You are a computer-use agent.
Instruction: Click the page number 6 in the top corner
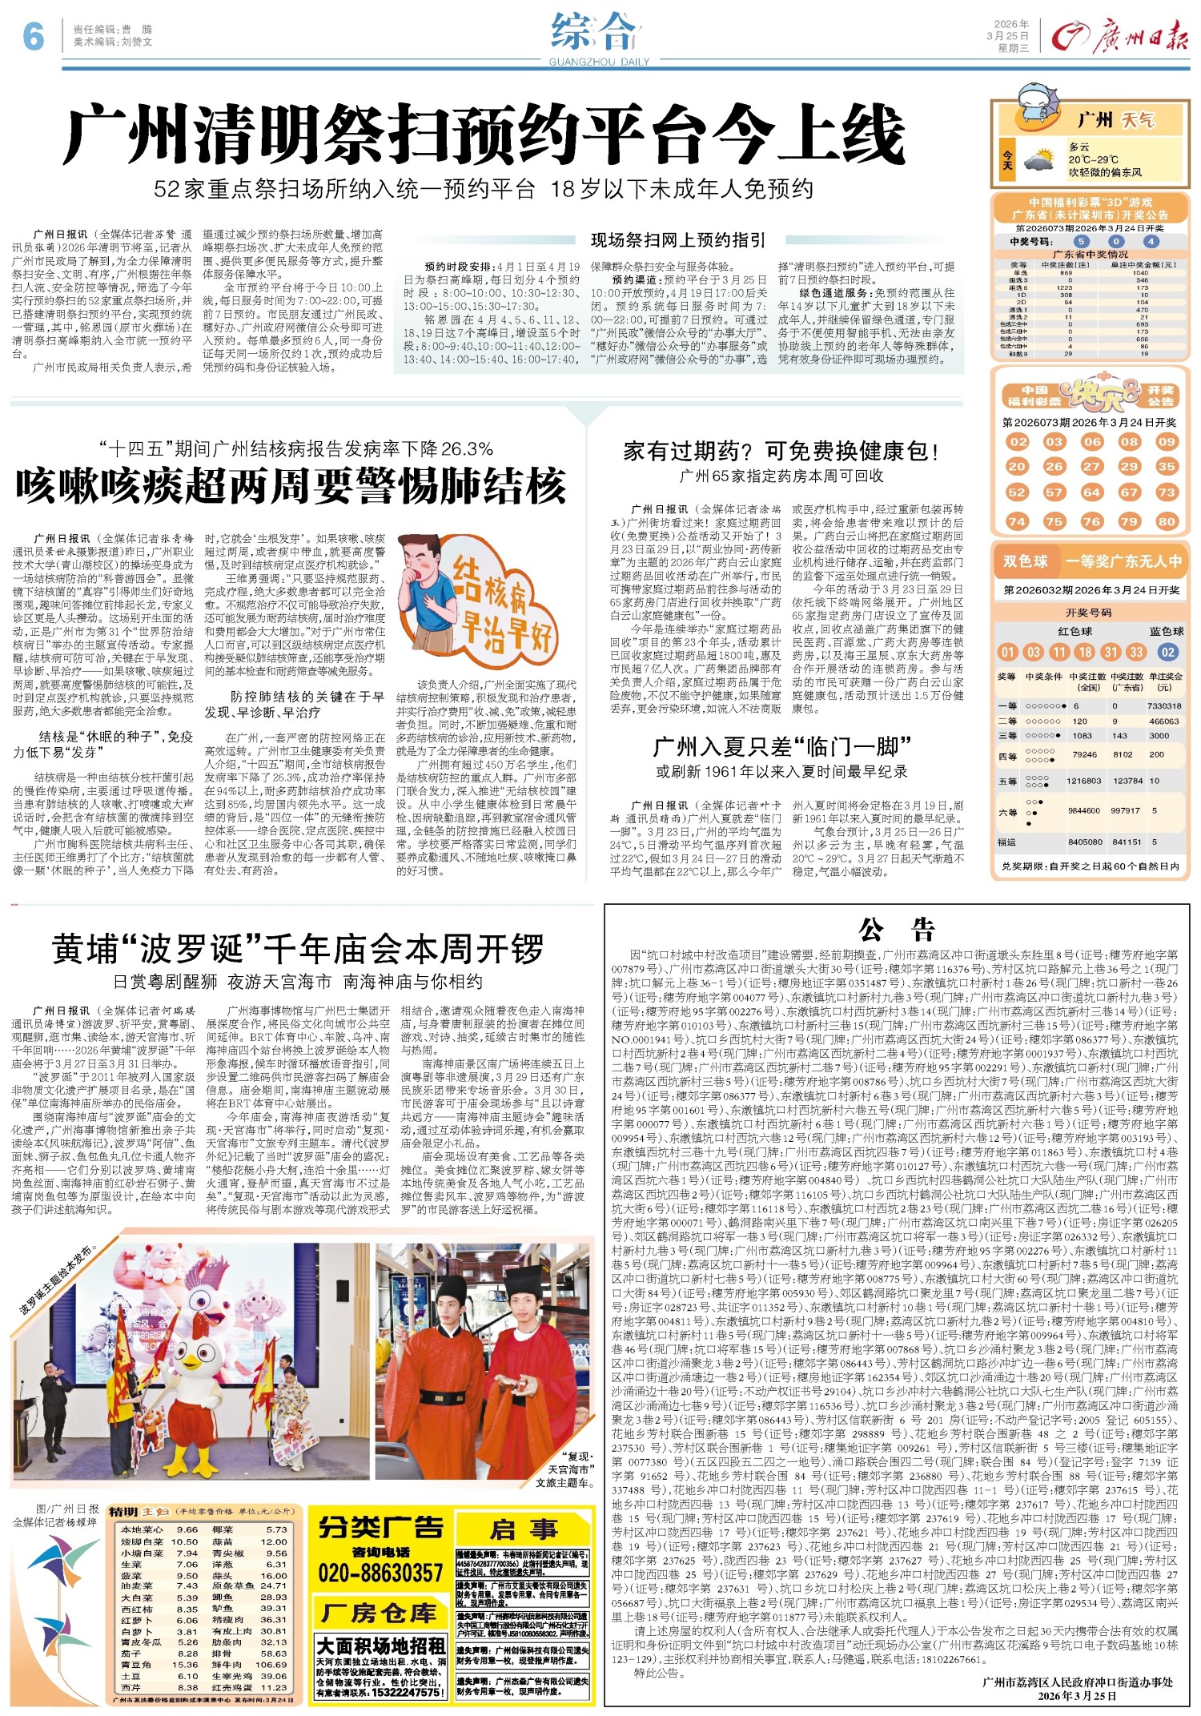point(32,36)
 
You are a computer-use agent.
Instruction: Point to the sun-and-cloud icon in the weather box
point(1038,159)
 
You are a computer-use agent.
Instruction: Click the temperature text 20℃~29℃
point(1094,159)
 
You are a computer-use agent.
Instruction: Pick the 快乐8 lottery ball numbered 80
point(1166,521)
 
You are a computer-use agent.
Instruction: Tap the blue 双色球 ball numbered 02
point(1167,652)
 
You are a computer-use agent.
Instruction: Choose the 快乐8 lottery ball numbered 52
point(1017,492)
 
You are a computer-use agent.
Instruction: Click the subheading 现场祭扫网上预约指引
point(678,240)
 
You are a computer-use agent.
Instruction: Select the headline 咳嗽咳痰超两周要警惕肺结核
point(291,486)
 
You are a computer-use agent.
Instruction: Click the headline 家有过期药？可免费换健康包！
point(781,451)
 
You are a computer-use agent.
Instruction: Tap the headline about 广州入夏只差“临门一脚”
point(782,748)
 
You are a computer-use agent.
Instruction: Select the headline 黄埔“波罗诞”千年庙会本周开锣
point(299,950)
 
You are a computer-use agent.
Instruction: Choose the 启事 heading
point(524,1530)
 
